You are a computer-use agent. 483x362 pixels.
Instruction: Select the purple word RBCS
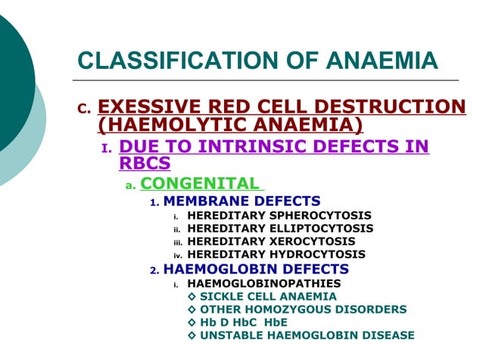(145, 162)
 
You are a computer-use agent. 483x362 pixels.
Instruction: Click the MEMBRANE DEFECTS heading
(241, 201)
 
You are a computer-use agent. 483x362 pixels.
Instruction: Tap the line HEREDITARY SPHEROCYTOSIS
(279, 215)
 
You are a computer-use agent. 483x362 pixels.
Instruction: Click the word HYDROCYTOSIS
(316, 254)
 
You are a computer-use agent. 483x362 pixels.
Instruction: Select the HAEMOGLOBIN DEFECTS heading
(255, 269)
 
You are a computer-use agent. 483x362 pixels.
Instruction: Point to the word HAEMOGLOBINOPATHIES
(263, 283)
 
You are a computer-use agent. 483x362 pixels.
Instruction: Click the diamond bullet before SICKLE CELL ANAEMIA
(192, 296)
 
